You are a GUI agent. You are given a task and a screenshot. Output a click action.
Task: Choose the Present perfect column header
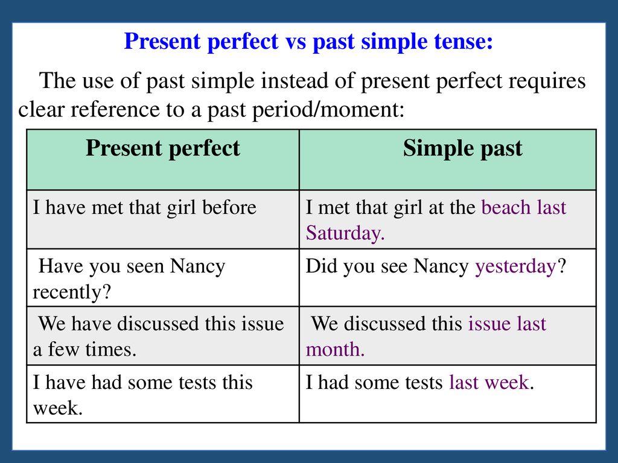[x=163, y=150]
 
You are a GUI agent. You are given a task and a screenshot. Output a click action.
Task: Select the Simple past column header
[x=462, y=150]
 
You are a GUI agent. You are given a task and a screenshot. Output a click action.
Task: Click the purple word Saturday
[x=345, y=233]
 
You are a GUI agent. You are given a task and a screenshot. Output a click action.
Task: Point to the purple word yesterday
[x=515, y=267]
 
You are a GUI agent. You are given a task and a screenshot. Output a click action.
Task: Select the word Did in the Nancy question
[x=320, y=266]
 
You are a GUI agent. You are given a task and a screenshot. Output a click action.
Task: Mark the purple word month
[x=336, y=349]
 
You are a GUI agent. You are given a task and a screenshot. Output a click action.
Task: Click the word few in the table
[x=60, y=349]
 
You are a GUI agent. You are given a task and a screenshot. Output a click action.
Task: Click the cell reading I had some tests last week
[x=448, y=394]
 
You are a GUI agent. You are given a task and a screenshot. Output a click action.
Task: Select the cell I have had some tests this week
[x=163, y=394]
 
